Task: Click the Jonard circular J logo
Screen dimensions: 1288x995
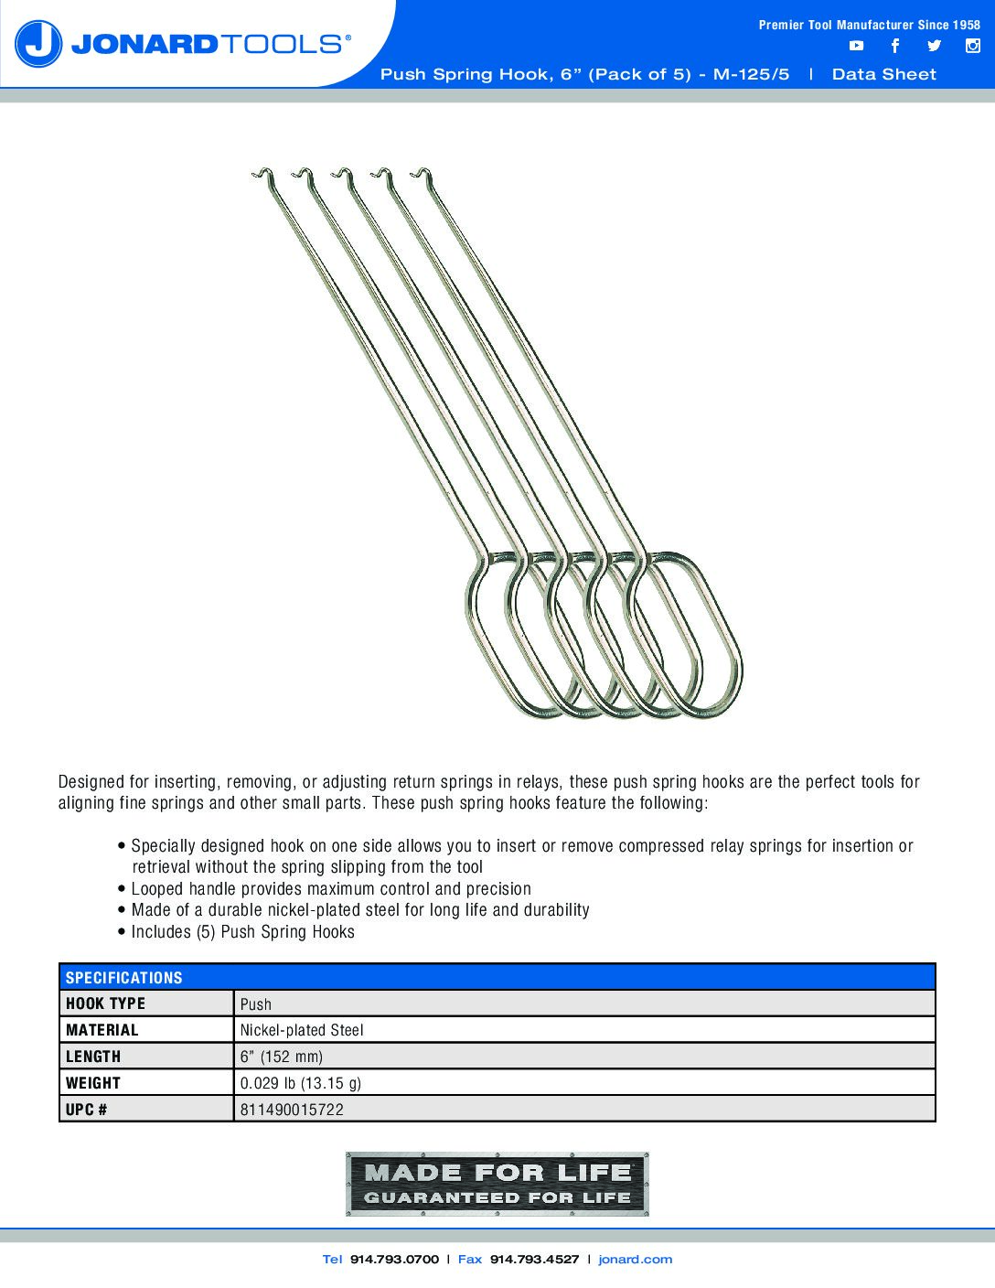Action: pyautogui.click(x=38, y=43)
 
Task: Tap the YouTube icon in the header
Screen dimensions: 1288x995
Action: pyautogui.click(x=856, y=46)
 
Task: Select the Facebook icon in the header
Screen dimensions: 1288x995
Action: pyautogui.click(x=895, y=46)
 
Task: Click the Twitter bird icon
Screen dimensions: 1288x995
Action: pyautogui.click(x=934, y=46)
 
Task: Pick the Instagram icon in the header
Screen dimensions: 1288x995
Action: pyautogui.click(x=973, y=46)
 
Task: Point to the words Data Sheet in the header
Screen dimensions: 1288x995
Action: pyautogui.click(x=883, y=74)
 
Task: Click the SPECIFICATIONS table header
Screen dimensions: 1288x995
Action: pyautogui.click(x=124, y=977)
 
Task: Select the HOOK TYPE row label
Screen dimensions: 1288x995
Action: pyautogui.click(x=105, y=1004)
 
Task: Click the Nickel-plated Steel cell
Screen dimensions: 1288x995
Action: pyautogui.click(x=302, y=1030)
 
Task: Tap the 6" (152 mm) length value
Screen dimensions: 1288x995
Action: pyautogui.click(x=282, y=1057)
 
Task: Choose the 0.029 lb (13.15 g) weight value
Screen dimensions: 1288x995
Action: pyautogui.click(x=300, y=1083)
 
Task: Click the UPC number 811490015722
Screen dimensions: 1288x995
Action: pyautogui.click(x=292, y=1110)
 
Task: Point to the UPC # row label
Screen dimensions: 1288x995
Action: pyautogui.click(x=87, y=1110)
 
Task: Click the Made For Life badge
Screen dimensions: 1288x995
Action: pyautogui.click(x=497, y=1184)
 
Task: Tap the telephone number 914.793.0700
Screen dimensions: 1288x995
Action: pyautogui.click(x=394, y=1260)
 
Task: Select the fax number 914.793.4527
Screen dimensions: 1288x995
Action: pyautogui.click(x=534, y=1260)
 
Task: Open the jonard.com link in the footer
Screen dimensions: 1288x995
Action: pyautogui.click(x=635, y=1260)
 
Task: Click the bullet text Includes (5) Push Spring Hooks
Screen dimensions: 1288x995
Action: pyautogui.click(x=242, y=932)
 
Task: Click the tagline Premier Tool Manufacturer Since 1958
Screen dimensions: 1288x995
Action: pyautogui.click(x=869, y=25)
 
